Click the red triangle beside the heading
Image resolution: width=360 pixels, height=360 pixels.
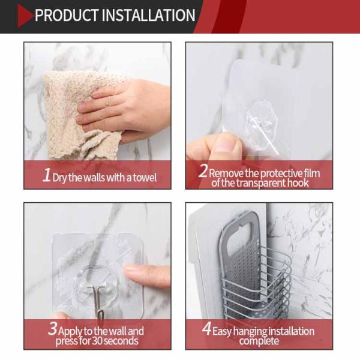25,16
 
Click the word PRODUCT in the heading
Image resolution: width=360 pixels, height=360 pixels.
67,16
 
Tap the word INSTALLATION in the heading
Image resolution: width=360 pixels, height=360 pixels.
148,16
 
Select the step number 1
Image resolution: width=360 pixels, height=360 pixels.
47,175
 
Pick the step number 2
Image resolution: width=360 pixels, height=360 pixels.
203,171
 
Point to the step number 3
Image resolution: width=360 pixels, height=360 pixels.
53,328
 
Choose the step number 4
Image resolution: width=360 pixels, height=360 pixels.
206,328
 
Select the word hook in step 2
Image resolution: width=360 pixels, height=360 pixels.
298,183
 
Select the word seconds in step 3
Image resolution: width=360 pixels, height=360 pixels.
121,341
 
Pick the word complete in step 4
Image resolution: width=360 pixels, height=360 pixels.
259,341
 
